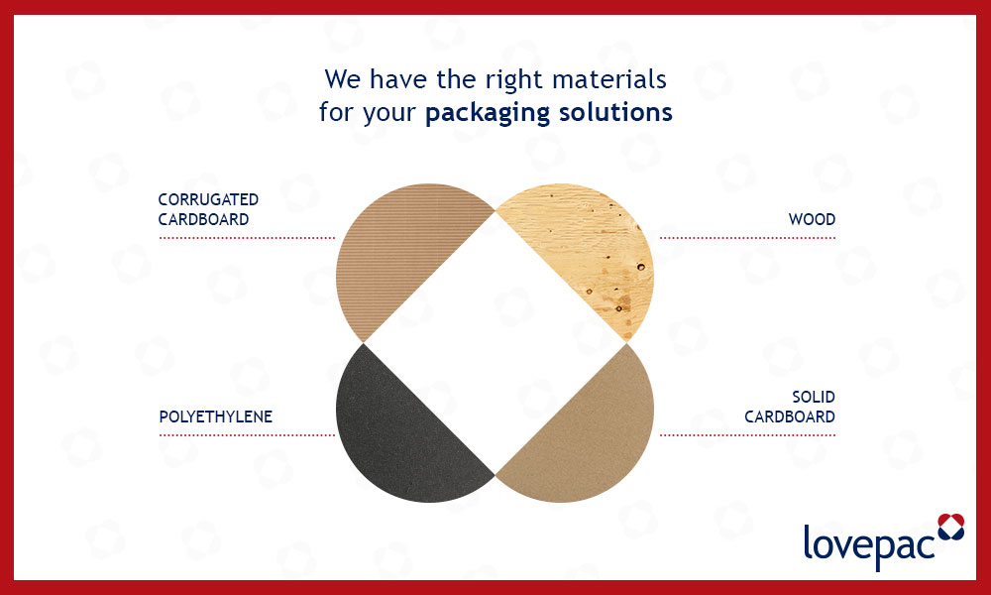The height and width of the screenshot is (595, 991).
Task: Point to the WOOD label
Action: coord(812,219)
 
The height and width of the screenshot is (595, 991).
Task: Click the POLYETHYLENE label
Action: coord(215,416)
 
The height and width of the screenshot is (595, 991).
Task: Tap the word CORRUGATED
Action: coord(208,200)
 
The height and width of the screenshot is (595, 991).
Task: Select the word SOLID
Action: coord(813,398)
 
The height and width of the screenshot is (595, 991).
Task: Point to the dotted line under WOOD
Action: coord(747,238)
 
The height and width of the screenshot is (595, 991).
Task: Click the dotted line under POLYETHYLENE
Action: coord(247,435)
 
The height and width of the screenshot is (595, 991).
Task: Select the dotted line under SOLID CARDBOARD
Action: coord(747,435)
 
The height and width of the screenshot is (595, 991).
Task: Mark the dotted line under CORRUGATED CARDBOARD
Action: coord(247,238)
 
